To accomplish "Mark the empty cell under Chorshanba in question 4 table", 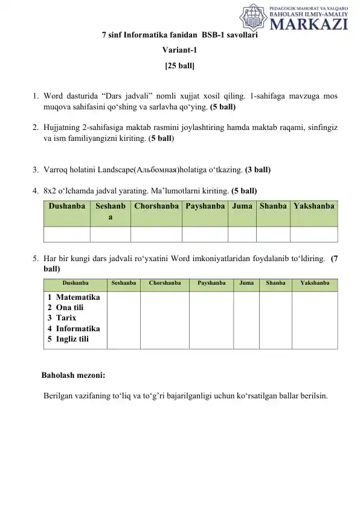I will coord(156,235).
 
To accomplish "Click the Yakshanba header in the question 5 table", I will coord(314,282).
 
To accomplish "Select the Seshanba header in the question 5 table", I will coord(124,282).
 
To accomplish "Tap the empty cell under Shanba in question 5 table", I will coord(275,320).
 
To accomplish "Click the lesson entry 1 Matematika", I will coord(74,297).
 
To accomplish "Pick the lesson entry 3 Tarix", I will coord(63,317).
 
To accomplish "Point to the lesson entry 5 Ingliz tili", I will coord(68,339).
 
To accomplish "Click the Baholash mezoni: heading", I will coord(73,375).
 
